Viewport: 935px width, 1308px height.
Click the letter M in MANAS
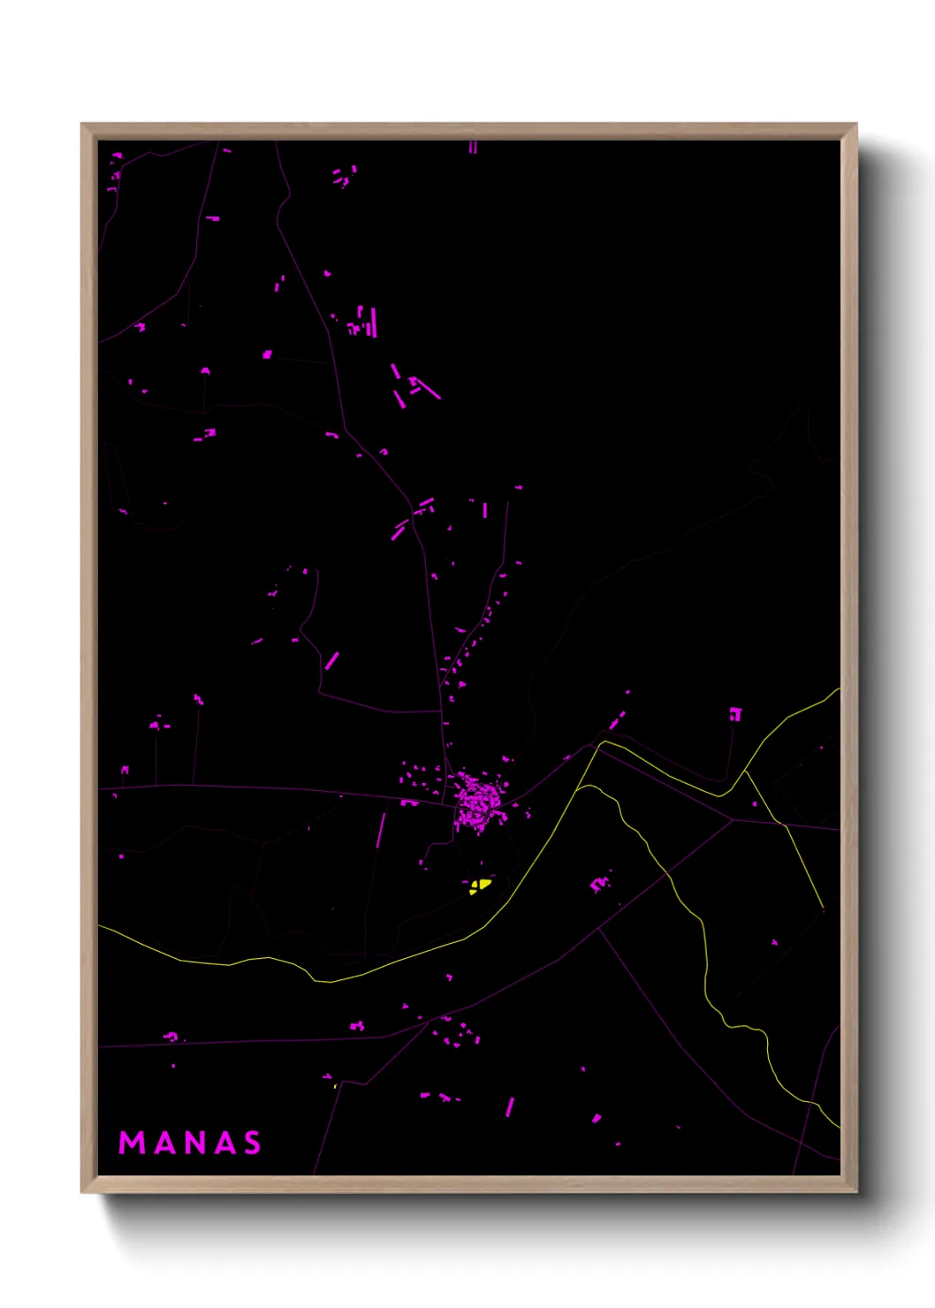132,1143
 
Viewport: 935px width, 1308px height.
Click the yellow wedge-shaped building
479,885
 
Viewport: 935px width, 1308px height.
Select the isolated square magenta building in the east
735,714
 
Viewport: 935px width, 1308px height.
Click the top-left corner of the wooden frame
82,125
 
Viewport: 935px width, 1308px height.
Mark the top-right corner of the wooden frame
855,125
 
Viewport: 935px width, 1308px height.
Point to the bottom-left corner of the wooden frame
82,1191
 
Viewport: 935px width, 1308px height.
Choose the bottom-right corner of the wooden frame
855,1191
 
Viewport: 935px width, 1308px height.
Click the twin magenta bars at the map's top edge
473,147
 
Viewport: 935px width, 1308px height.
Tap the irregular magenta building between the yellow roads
600,883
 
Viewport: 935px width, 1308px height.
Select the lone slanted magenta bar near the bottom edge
509,1106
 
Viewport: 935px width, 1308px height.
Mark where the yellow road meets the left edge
100,926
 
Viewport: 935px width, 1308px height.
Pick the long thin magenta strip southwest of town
381,830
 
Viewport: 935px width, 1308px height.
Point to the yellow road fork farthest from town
745,772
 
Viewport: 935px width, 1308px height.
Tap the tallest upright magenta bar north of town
374,322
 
